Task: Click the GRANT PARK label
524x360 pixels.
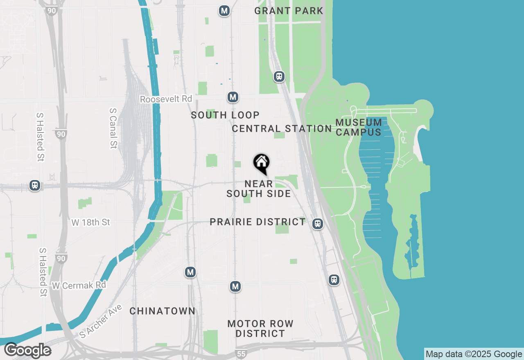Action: (x=289, y=11)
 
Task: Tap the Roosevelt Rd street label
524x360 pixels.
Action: (x=166, y=99)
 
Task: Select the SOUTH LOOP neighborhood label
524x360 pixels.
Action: (x=225, y=115)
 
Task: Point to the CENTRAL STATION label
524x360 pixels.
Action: (x=282, y=128)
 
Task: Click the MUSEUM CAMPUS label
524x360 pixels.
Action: (x=359, y=127)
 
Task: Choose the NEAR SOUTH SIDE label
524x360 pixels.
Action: (x=259, y=189)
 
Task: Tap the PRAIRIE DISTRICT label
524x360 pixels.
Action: (x=257, y=222)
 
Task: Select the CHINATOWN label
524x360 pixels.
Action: (x=163, y=311)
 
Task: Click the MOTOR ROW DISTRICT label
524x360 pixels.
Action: (x=260, y=328)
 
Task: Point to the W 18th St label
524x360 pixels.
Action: (x=91, y=223)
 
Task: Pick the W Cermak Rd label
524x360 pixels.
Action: (x=79, y=285)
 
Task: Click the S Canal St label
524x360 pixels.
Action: (x=113, y=128)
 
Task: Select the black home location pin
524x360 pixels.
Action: (x=261, y=164)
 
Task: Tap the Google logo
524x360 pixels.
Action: (x=27, y=351)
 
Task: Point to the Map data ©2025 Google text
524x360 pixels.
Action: (x=473, y=354)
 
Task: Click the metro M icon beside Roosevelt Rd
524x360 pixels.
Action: (x=233, y=97)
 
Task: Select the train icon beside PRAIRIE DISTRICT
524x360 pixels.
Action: (x=317, y=224)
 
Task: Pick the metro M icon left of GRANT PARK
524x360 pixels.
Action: (x=224, y=11)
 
